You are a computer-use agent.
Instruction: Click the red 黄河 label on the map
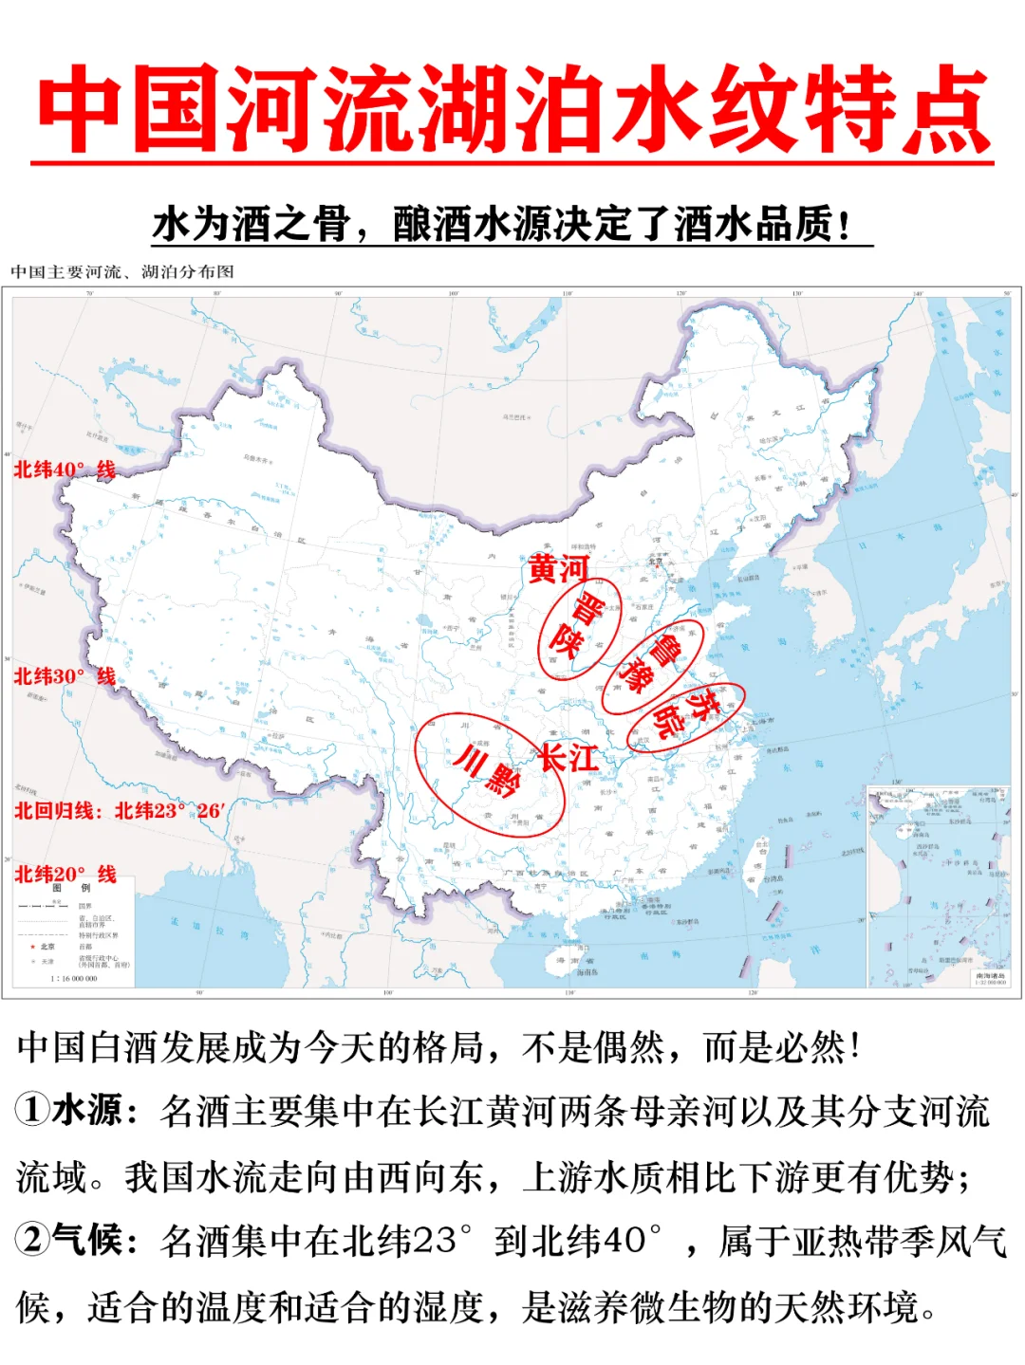tap(558, 569)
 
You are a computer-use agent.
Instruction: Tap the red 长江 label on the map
tap(568, 757)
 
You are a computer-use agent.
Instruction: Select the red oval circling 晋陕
tap(579, 628)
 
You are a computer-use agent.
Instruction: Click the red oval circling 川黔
tap(490, 773)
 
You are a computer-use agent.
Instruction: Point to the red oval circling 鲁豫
tap(653, 668)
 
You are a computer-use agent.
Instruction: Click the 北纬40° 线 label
tap(65, 470)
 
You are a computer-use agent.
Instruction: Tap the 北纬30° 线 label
tap(65, 676)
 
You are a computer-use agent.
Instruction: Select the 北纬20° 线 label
tap(65, 874)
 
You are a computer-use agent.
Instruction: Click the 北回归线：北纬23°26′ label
tap(119, 811)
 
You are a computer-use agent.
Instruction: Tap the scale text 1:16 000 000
tap(73, 978)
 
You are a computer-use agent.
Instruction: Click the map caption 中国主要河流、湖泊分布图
tap(122, 272)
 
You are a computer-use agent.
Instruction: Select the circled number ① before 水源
tap(31, 1109)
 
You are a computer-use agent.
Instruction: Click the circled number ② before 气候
tap(31, 1239)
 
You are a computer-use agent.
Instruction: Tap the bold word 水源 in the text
tap(88, 1109)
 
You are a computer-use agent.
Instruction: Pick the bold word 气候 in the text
tap(88, 1239)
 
